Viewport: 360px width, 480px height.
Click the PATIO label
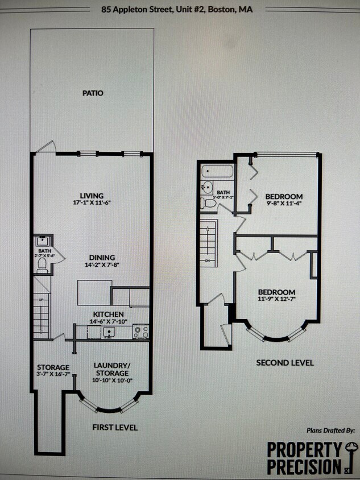point(93,93)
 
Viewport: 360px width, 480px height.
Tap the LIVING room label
point(92,196)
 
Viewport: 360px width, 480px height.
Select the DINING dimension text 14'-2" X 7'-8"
point(101,264)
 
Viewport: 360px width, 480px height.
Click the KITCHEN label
point(109,315)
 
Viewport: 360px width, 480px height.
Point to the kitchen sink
point(107,331)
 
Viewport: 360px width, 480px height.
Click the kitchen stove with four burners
point(140,331)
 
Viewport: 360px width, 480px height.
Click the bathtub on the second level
point(217,171)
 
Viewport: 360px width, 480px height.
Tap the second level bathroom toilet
point(209,202)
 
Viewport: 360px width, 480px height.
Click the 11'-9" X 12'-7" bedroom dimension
point(276,299)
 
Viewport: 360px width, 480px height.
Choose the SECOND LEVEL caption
point(285,362)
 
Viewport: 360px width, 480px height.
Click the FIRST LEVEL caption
point(114,427)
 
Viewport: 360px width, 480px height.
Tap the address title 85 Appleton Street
point(177,10)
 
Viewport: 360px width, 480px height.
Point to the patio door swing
point(45,147)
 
